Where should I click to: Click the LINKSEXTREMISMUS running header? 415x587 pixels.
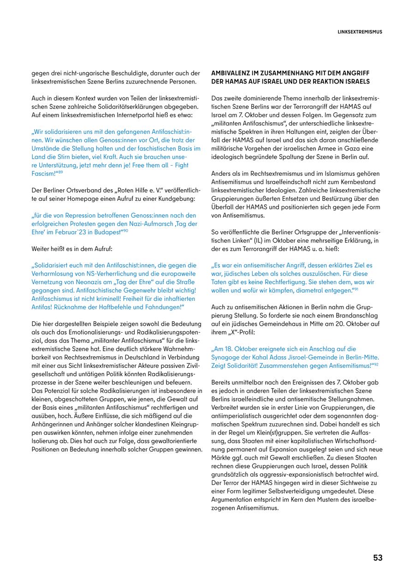pyautogui.click(x=360, y=32)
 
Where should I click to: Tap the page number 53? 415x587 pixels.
pyautogui.click(x=378, y=558)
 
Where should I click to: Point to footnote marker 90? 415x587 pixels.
pyautogui.click(x=125, y=231)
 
